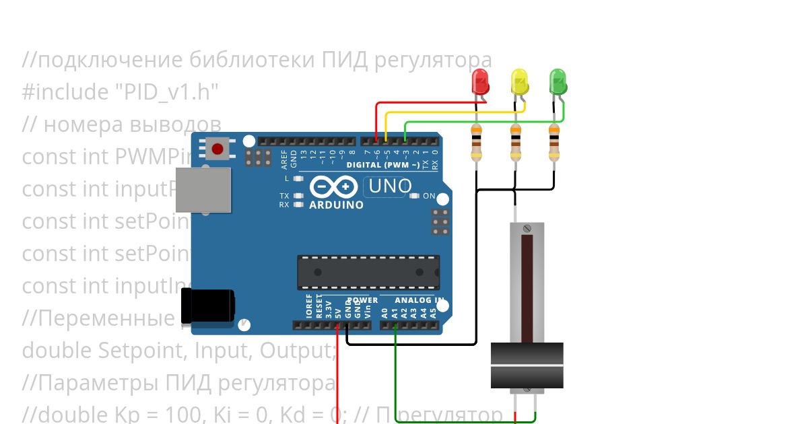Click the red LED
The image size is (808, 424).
tap(481, 81)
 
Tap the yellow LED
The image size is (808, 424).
tap(519, 81)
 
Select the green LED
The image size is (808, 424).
tap(558, 81)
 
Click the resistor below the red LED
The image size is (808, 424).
tap(477, 143)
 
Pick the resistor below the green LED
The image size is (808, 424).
tap(554, 143)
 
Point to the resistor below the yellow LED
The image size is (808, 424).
tap(516, 143)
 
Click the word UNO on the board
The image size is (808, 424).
tap(390, 186)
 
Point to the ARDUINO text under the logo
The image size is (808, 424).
tap(336, 205)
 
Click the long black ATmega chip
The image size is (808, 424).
tap(368, 272)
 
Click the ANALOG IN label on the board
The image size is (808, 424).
tap(419, 300)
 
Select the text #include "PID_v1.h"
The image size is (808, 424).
tap(120, 92)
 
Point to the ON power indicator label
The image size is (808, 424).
tap(429, 196)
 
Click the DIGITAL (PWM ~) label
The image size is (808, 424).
tap(383, 165)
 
